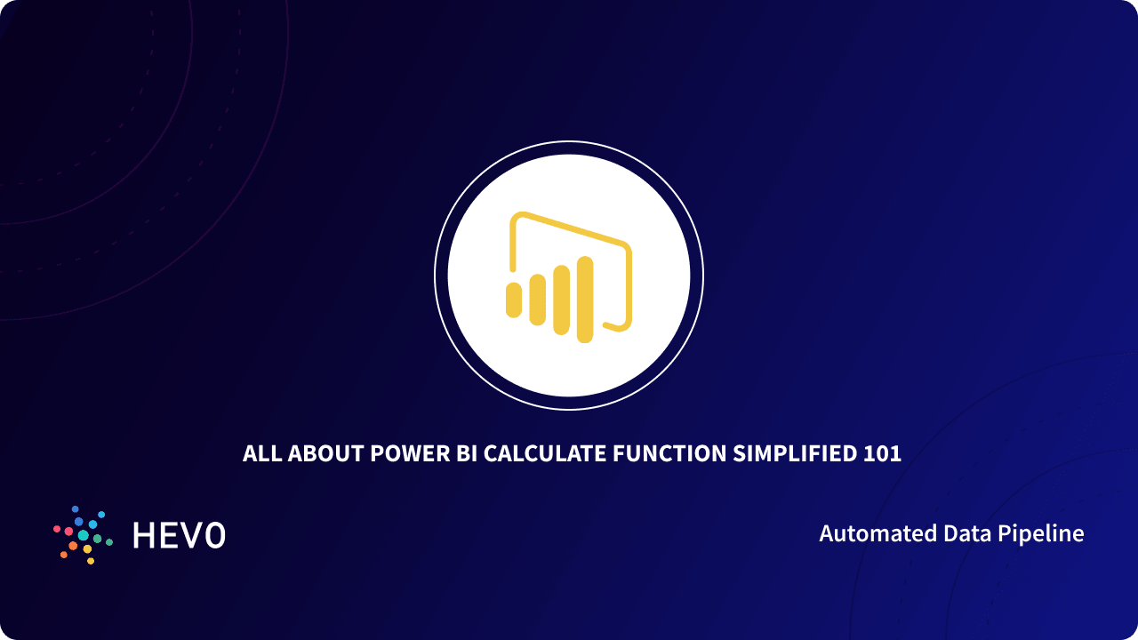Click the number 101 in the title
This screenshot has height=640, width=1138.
point(882,454)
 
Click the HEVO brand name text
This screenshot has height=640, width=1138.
point(179,535)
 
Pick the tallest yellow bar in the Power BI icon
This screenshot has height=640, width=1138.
point(584,299)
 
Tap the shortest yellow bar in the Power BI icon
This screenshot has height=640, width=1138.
point(513,300)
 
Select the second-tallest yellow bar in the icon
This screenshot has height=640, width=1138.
point(561,300)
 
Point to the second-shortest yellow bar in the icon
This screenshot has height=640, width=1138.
point(537,300)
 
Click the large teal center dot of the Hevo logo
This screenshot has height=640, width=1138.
point(83,535)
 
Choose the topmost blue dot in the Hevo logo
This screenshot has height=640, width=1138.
point(75,509)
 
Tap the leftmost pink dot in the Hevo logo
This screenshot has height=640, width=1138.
point(57,529)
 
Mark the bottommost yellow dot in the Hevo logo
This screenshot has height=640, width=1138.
point(91,561)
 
